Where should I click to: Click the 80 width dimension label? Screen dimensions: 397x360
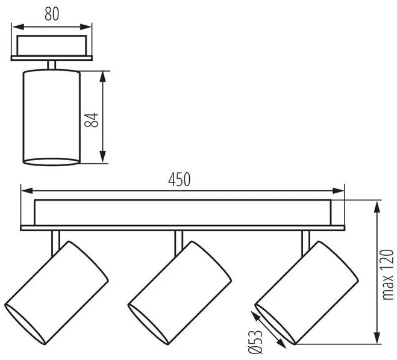click(x=52, y=14)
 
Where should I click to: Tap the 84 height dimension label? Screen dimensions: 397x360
click(x=92, y=120)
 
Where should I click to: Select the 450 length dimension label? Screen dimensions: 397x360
click(x=180, y=179)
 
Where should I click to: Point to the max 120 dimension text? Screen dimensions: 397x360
click(x=387, y=275)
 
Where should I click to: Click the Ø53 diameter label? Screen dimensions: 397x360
click(x=255, y=342)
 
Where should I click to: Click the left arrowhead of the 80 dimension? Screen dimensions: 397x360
click(x=18, y=27)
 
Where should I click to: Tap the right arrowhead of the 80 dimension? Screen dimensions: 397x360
click(x=86, y=27)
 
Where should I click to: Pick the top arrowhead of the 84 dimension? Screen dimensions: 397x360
click(x=102, y=77)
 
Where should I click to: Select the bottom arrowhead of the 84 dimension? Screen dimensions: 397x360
click(x=102, y=157)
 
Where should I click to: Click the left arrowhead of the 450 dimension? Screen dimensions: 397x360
click(x=27, y=191)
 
